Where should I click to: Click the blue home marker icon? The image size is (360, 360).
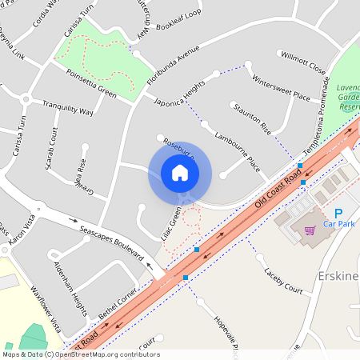pyautogui.click(x=179, y=173)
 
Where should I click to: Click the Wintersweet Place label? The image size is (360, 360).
pyautogui.click(x=280, y=88)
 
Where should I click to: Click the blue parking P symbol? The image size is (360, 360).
pyautogui.click(x=338, y=213)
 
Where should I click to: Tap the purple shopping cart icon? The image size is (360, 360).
pyautogui.click(x=310, y=230)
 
